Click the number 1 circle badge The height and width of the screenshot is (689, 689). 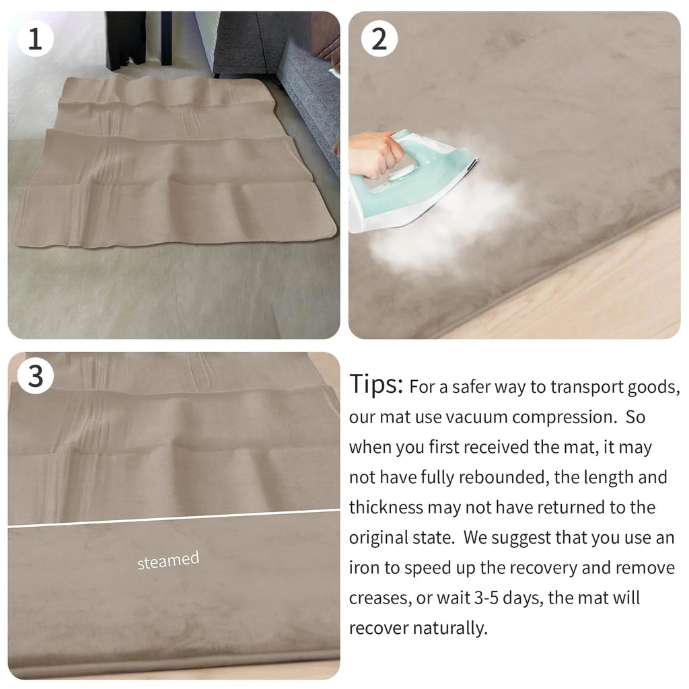coord(35,39)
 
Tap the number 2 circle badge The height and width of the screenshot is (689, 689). coord(379,39)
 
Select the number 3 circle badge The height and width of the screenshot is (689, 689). coord(35,377)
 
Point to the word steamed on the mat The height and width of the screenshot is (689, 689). coord(168,560)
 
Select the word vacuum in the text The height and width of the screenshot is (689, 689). coord(475,417)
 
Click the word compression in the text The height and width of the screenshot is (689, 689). coord(565,417)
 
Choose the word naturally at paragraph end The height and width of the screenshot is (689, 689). coord(449,628)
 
